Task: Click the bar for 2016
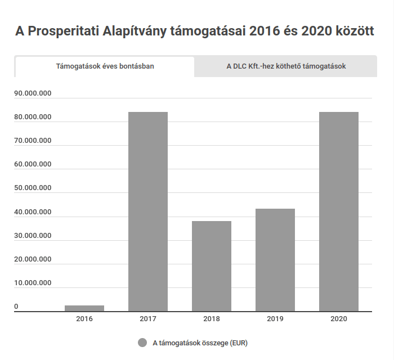(x=84, y=308)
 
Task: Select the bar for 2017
(x=148, y=211)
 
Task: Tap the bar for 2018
(x=212, y=266)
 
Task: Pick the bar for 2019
(x=275, y=260)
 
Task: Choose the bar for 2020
(x=339, y=211)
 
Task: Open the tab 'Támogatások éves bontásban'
(x=105, y=66)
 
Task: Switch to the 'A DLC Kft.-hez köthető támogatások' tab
(x=286, y=66)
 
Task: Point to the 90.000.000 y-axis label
(x=33, y=93)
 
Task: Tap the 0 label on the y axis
(x=16, y=307)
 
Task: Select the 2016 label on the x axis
(x=84, y=319)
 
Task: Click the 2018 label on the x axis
(x=212, y=319)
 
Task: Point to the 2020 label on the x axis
(x=339, y=319)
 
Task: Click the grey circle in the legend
(x=142, y=343)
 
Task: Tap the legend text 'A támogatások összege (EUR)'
(x=200, y=343)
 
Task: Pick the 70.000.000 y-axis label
(x=33, y=141)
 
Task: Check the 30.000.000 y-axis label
(x=33, y=236)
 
